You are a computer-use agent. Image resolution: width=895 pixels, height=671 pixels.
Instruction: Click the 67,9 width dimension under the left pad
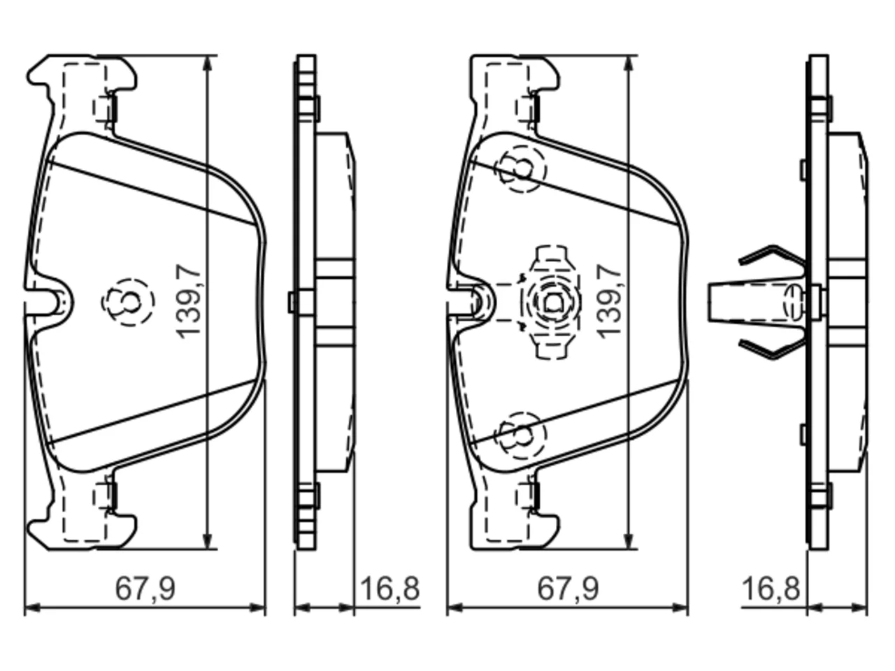145,589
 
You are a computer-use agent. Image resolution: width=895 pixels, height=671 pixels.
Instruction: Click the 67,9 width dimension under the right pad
568,589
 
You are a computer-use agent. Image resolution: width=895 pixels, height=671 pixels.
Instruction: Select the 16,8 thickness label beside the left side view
390,589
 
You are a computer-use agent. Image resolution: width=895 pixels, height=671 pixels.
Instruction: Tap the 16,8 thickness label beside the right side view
771,589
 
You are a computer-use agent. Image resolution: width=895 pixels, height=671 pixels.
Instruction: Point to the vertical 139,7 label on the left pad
189,301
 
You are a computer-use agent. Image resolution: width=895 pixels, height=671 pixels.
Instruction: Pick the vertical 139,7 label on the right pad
609,301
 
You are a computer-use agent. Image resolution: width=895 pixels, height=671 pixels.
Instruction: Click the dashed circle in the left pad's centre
128,302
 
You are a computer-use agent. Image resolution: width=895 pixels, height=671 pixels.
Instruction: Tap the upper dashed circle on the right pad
520,168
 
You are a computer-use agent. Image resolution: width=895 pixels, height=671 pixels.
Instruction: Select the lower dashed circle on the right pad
520,435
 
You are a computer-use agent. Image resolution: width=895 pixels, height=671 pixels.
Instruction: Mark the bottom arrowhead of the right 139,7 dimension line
631,539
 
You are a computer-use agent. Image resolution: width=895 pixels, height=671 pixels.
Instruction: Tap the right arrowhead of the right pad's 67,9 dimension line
680,607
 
